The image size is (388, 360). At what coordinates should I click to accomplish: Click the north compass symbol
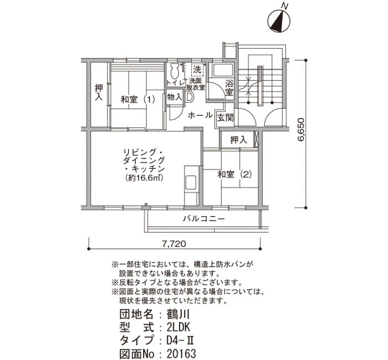coord(279,22)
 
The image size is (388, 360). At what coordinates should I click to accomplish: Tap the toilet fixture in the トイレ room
coord(175,71)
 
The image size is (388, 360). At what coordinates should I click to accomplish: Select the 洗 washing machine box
coord(197,70)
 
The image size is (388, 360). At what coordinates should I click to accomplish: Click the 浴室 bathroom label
coord(229,88)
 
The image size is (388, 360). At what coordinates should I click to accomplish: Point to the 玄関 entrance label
coord(225,118)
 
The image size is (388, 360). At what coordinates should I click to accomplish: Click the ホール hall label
coord(200,115)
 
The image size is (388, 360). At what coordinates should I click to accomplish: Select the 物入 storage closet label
coord(174,97)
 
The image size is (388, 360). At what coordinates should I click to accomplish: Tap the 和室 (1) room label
coord(138,100)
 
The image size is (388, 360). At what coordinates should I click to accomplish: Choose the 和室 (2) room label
coord(234,174)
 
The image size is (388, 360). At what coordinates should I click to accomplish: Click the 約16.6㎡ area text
coord(144,178)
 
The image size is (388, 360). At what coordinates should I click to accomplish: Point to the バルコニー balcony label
coord(204,219)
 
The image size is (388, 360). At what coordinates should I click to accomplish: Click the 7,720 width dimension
coord(174,244)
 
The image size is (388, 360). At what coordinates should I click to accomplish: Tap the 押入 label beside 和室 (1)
coord(99,92)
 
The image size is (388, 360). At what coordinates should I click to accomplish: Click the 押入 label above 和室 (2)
coord(238,140)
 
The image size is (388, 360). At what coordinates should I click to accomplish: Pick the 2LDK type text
coord(178,328)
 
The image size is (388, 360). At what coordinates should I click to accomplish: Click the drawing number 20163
coord(181,354)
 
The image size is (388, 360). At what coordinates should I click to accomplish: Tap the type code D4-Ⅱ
coord(180,341)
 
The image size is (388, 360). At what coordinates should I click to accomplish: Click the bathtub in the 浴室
coord(223,70)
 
